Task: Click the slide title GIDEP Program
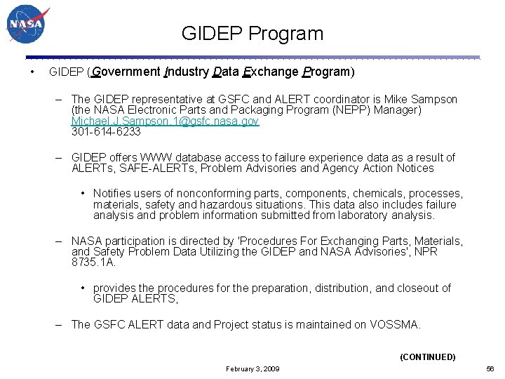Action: pos(252,34)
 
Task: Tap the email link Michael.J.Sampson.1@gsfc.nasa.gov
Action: pos(165,121)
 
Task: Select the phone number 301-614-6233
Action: pos(106,131)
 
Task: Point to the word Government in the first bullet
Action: pos(126,72)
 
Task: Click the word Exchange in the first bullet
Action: pos(270,72)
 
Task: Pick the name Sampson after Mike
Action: pos(433,100)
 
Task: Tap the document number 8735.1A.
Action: pos(93,262)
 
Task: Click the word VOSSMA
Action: pos(395,325)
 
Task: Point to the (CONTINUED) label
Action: pos(427,357)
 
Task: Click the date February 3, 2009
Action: pos(252,368)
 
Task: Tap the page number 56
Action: pos(491,368)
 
